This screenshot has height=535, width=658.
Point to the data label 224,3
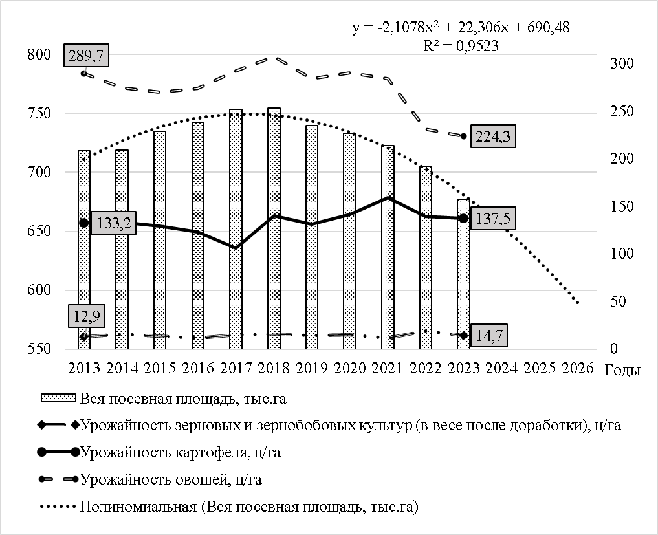[494, 136]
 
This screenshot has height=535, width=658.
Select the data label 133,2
[112, 223]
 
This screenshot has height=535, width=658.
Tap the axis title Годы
[623, 371]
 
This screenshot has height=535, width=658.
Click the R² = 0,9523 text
[461, 45]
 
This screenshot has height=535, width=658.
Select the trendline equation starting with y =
[461, 28]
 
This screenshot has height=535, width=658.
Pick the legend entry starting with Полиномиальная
[249, 506]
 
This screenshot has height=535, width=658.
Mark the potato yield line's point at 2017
[235, 247]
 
